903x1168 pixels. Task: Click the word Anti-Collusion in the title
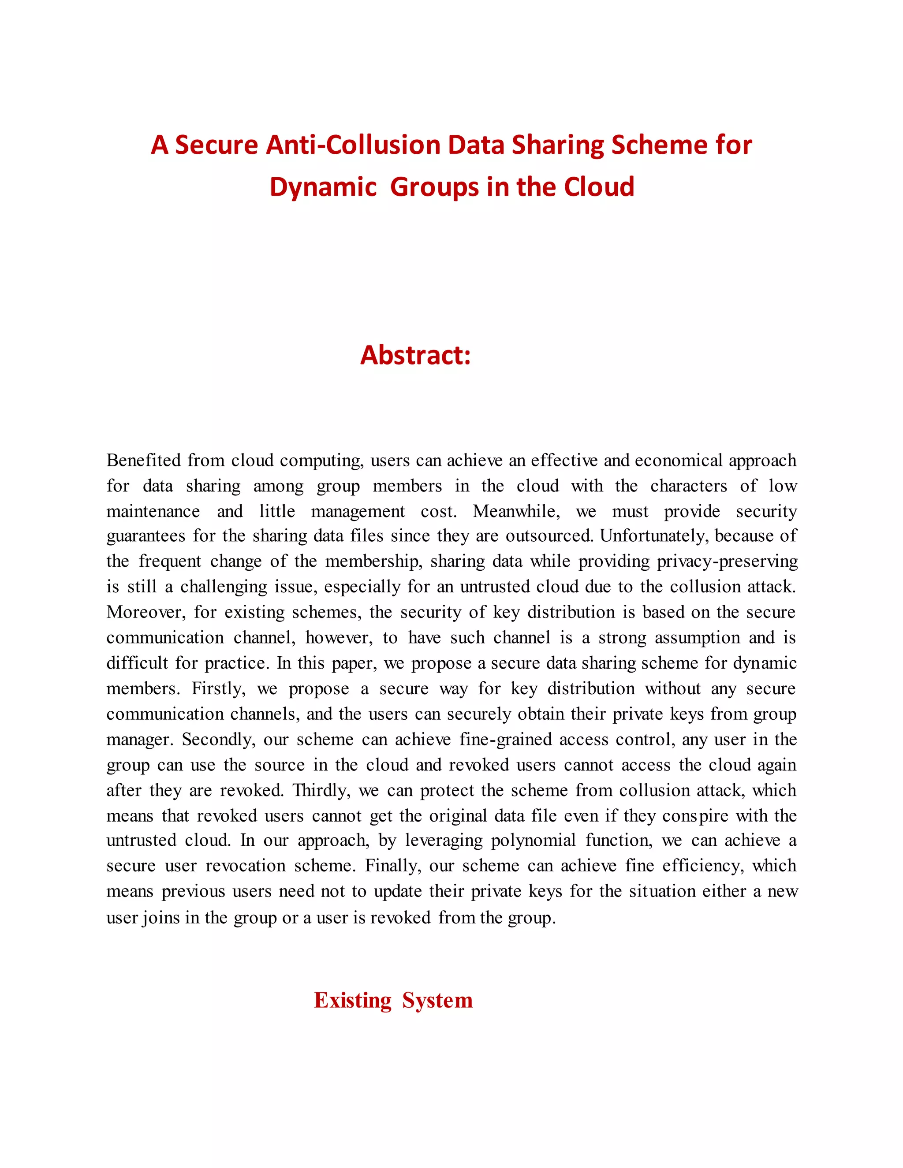pos(353,145)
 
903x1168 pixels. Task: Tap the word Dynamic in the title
pos(323,187)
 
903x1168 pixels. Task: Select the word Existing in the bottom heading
pos(353,1000)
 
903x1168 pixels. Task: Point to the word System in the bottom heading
pos(437,1000)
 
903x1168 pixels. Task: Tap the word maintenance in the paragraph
pos(153,511)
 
